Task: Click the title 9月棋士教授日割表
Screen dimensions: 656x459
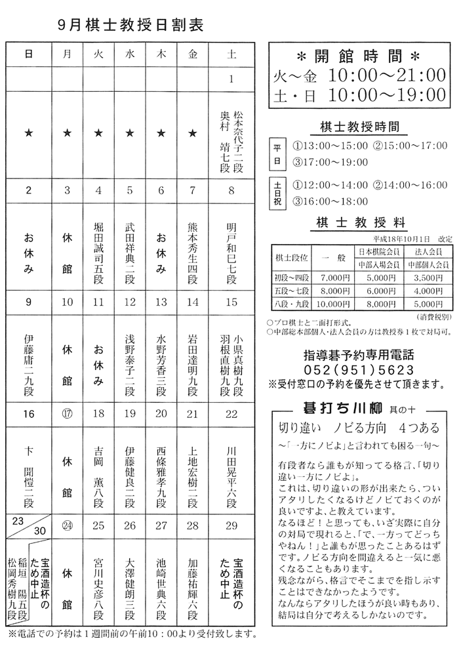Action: click(130, 26)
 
